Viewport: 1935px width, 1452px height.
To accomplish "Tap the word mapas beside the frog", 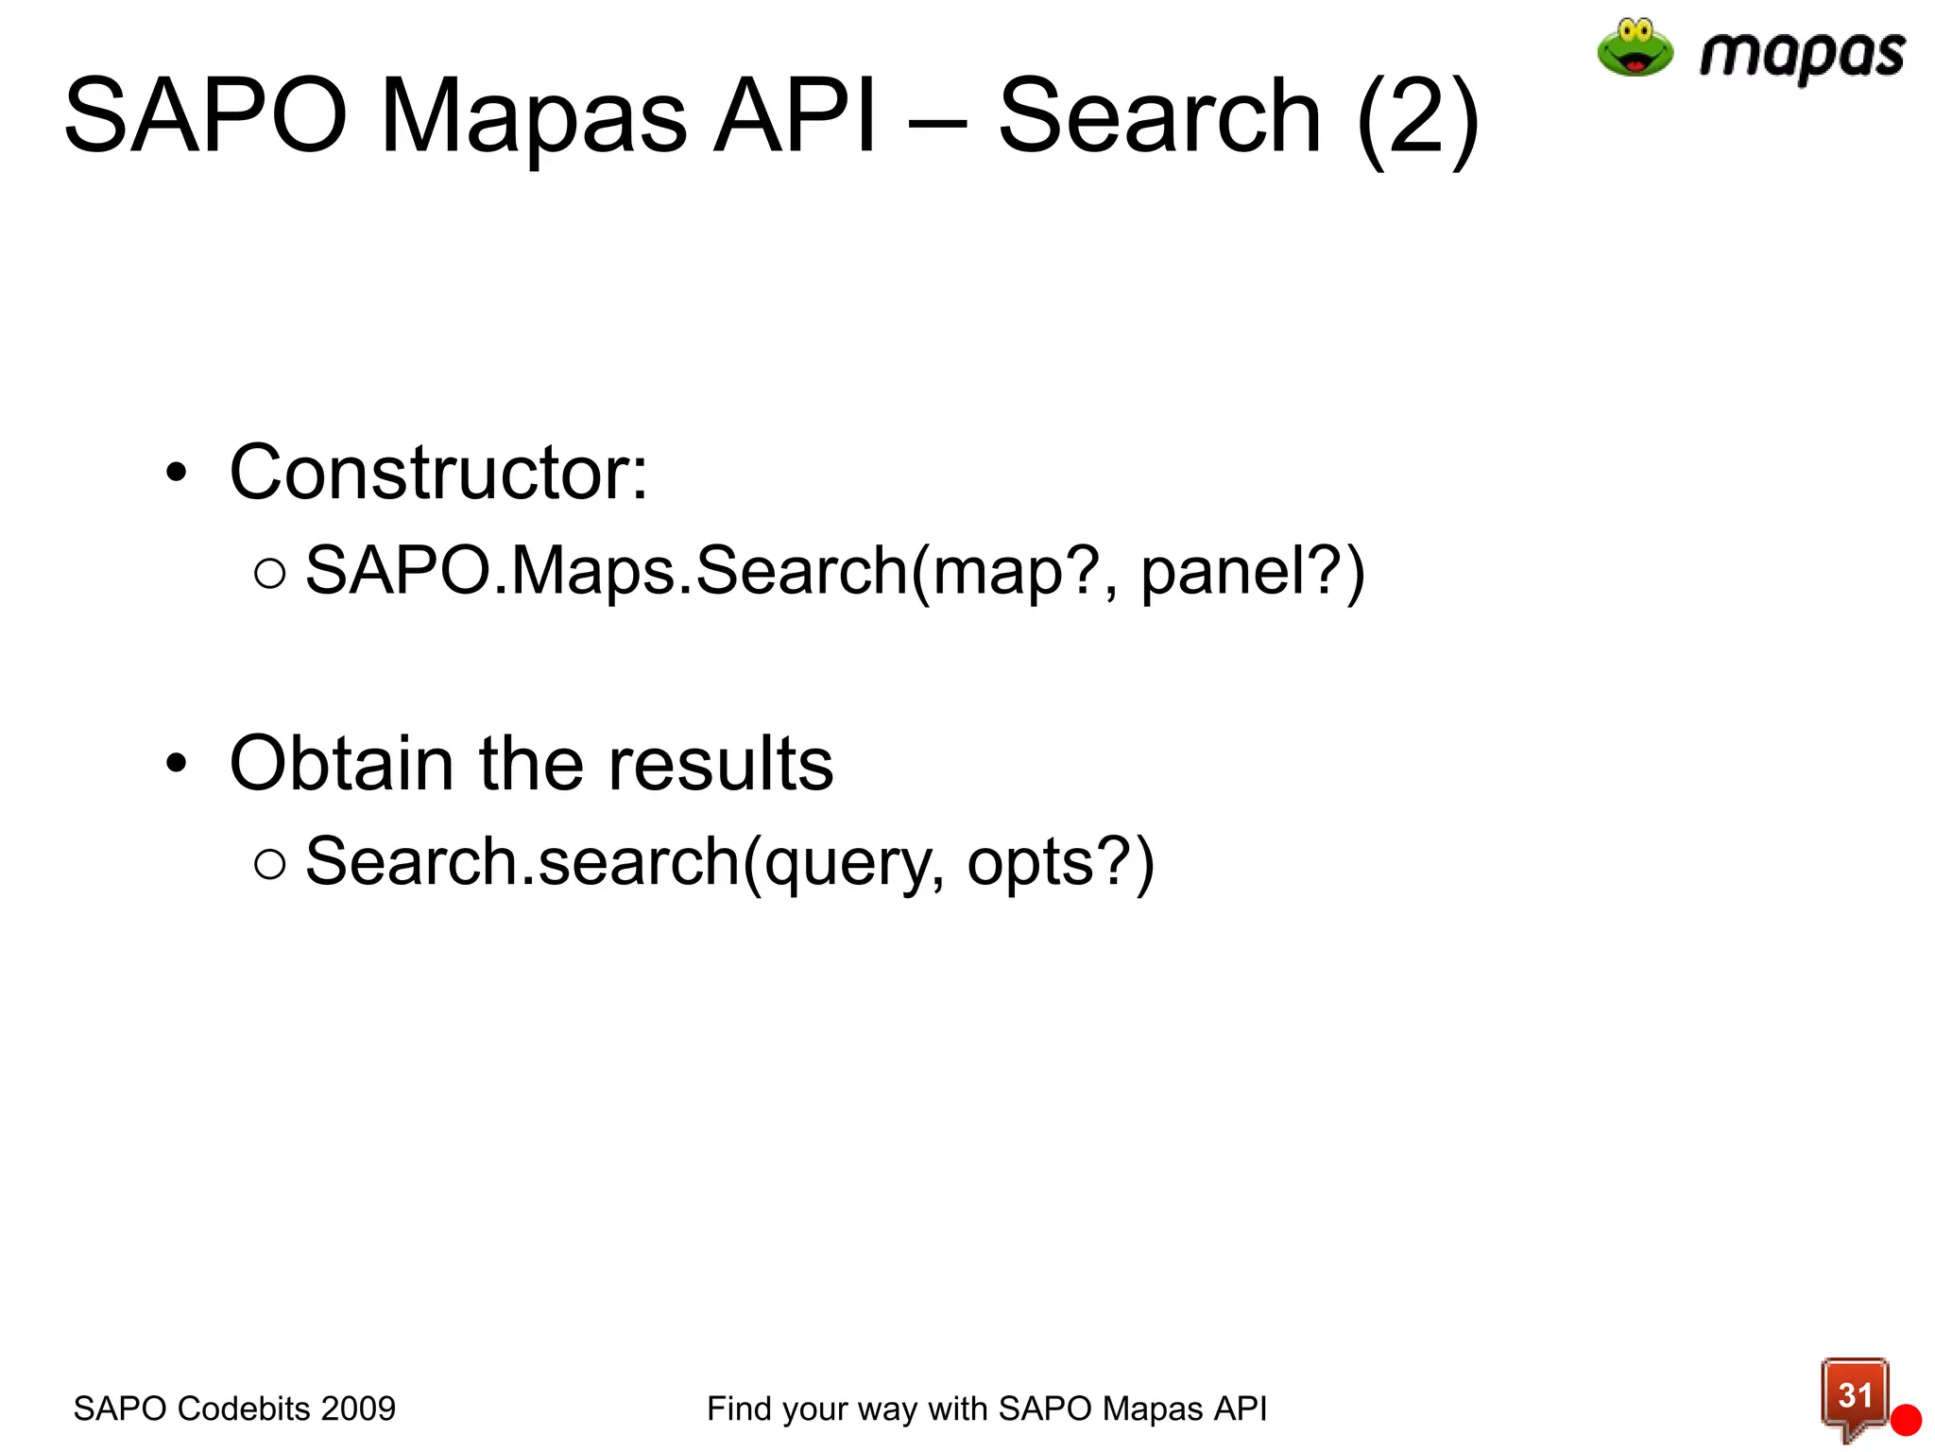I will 1801,55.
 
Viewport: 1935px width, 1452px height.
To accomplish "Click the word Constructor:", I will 438,472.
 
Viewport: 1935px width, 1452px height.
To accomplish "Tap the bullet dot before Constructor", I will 177,472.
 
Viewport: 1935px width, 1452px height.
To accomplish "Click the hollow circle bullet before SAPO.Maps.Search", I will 269,573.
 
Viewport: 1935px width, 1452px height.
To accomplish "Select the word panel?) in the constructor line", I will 1252,572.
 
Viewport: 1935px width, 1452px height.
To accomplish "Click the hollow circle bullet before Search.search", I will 269,863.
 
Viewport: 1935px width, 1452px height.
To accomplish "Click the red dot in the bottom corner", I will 1906,1420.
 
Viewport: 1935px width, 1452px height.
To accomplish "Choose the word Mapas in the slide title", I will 533,118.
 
